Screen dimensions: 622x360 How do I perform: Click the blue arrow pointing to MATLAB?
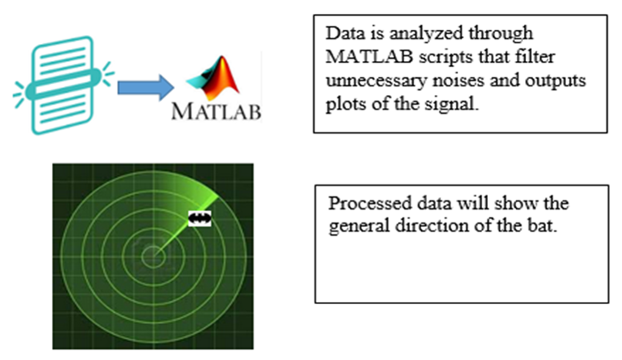click(x=146, y=87)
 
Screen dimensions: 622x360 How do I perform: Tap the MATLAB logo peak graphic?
click(x=213, y=78)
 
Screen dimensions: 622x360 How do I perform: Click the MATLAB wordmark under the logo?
click(x=217, y=112)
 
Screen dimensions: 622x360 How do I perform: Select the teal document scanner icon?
click(x=63, y=86)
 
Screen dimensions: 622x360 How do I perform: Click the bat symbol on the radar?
click(x=199, y=219)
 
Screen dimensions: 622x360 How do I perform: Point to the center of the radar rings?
click(x=153, y=257)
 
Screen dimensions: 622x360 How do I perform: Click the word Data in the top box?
click(x=345, y=33)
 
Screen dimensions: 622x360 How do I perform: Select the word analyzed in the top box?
click(x=426, y=34)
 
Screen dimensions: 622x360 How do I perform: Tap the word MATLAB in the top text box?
click(x=369, y=57)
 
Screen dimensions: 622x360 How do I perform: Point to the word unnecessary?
click(x=376, y=81)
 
